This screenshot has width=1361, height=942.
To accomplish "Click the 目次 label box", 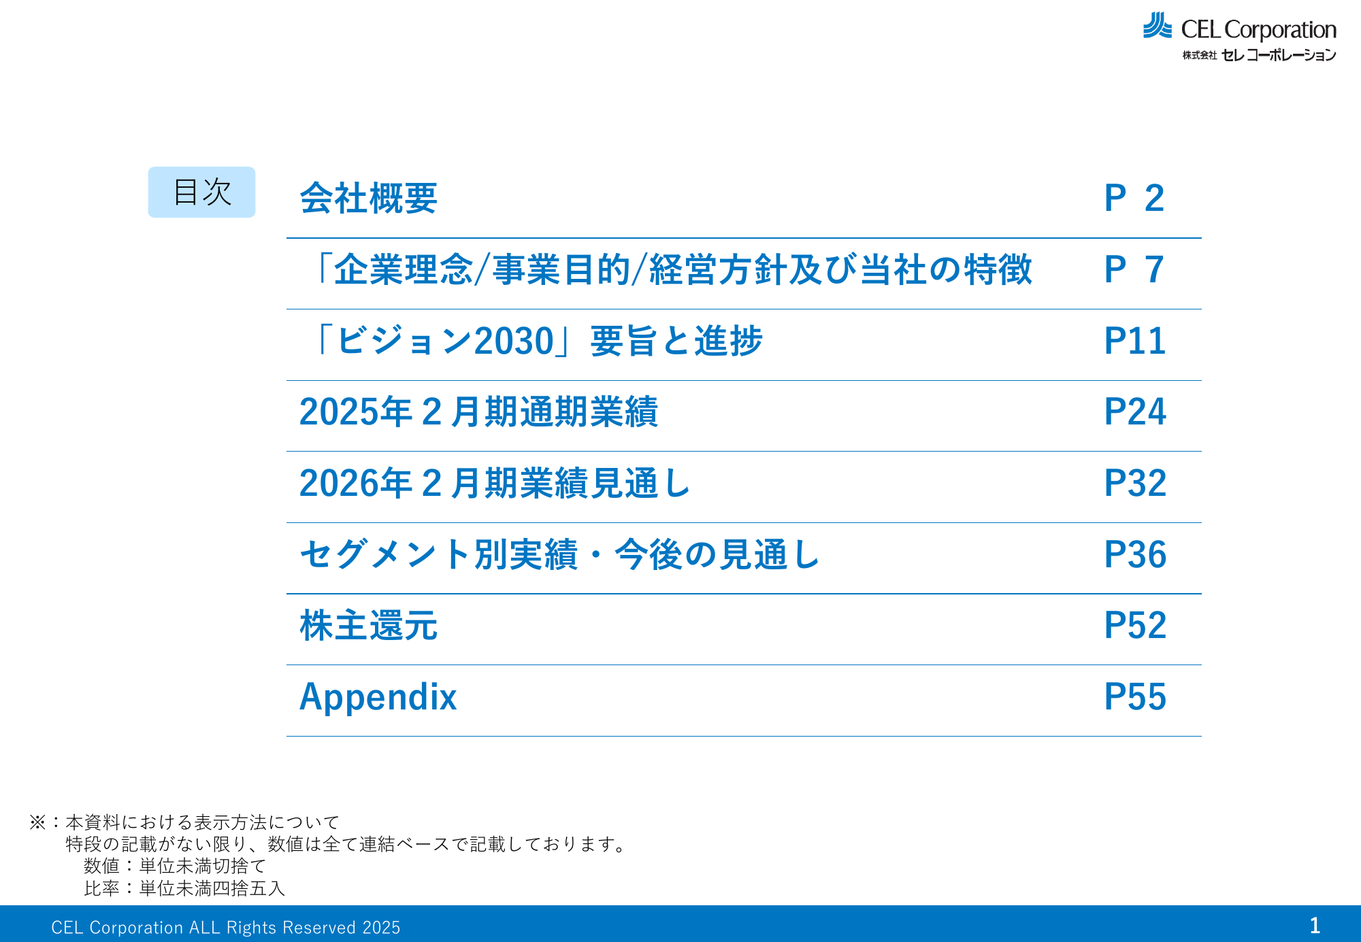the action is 201,192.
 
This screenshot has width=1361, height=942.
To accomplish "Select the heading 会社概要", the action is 368,199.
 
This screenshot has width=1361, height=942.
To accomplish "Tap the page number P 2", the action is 1134,199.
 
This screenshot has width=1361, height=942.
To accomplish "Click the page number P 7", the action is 1134,270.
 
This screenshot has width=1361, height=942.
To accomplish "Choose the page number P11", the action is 1135,341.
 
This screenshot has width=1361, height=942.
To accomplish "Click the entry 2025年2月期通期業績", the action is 478,412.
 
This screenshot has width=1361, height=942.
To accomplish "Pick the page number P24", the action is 1135,412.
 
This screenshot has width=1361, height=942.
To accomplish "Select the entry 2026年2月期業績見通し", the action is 495,484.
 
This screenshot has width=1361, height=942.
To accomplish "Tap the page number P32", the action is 1135,484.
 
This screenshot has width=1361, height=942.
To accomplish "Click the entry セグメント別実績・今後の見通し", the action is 559,554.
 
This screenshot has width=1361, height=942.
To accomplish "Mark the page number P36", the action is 1135,554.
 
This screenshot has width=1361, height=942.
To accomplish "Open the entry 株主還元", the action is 368,626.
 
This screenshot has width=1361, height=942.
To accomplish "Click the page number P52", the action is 1135,626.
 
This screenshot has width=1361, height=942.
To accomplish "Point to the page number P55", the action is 1135,697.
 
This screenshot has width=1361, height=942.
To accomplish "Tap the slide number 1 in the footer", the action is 1315,925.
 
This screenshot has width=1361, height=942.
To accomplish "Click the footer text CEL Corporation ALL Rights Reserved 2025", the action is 226,928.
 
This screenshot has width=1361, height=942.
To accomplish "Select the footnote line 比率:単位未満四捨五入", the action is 184,888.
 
